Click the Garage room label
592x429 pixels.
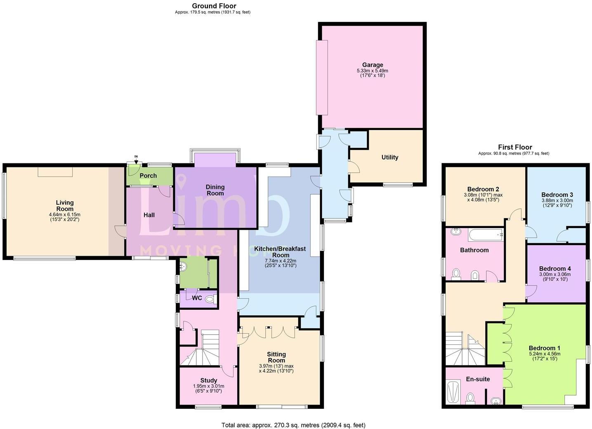(x=373, y=65)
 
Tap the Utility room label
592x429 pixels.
(x=389, y=157)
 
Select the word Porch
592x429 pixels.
(x=148, y=176)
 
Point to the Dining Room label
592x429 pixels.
(x=215, y=190)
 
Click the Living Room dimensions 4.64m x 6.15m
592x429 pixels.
(x=65, y=214)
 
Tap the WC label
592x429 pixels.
(x=197, y=298)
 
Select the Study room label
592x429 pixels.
(x=209, y=380)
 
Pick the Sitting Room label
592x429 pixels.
(x=276, y=357)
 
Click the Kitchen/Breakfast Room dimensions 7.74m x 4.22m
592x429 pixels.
(x=280, y=261)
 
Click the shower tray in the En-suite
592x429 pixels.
(x=453, y=391)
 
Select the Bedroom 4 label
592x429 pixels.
(x=555, y=269)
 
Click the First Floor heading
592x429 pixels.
(x=515, y=147)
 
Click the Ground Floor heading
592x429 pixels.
(x=214, y=6)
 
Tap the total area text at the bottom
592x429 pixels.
(x=293, y=425)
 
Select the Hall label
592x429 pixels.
(x=149, y=215)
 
